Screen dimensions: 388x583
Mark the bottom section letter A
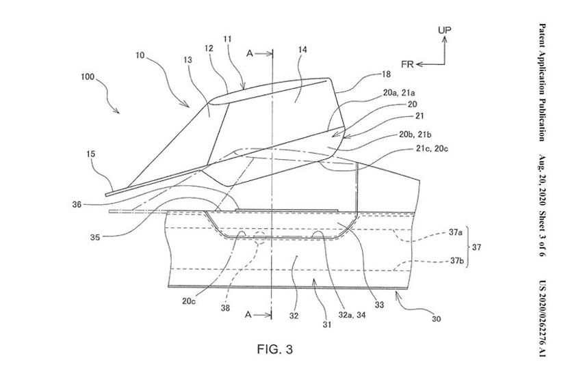[248, 316]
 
